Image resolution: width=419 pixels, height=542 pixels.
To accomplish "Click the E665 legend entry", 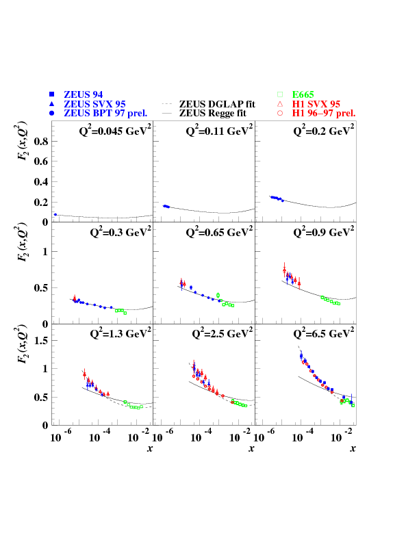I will coord(305,94).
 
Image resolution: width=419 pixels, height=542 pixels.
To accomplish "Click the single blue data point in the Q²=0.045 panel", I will coord(55,214).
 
